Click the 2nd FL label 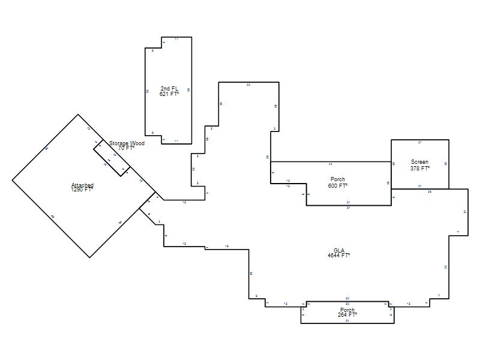169,89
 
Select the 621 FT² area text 169,94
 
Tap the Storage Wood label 127,143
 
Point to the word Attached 82,185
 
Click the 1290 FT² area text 82,190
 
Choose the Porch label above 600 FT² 338,179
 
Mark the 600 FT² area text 338,186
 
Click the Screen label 419,162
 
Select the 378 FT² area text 419,169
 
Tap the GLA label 339,250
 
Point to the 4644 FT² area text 339,256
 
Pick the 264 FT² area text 347,314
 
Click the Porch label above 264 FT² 347,310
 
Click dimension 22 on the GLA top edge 248,85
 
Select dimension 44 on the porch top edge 331,164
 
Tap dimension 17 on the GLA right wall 465,212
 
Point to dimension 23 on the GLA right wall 446,267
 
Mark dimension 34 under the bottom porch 347,321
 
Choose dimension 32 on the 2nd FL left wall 147,91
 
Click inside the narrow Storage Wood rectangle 112,157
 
